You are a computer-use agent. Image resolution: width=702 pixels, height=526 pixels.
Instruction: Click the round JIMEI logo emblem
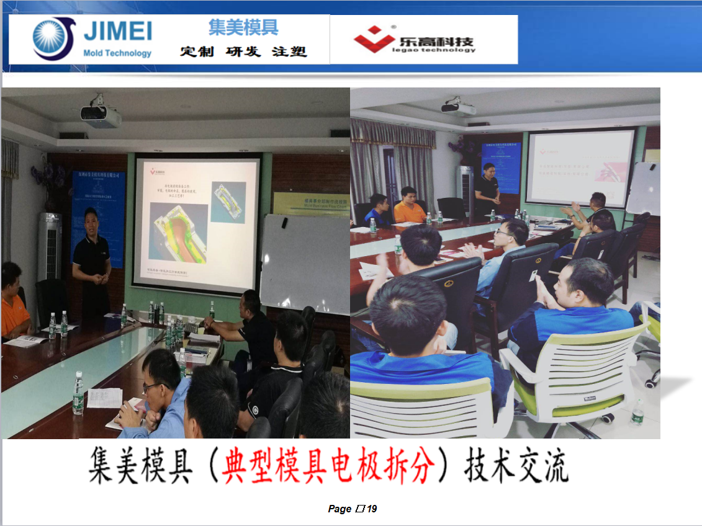53,38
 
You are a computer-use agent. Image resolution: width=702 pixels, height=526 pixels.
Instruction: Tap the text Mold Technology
117,53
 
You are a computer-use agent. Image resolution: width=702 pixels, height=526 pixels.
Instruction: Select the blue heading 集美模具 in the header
243,27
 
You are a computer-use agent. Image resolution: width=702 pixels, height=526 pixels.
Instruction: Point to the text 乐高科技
436,42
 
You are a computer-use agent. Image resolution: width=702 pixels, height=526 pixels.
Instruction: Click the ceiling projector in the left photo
100,114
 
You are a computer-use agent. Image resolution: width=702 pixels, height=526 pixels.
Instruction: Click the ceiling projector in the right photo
459,107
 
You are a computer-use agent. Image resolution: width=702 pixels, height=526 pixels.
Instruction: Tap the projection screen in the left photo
197,222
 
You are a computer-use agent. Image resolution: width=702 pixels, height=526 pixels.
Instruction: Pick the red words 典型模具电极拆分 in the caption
325,466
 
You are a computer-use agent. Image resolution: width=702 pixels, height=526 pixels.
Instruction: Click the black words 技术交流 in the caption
516,466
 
